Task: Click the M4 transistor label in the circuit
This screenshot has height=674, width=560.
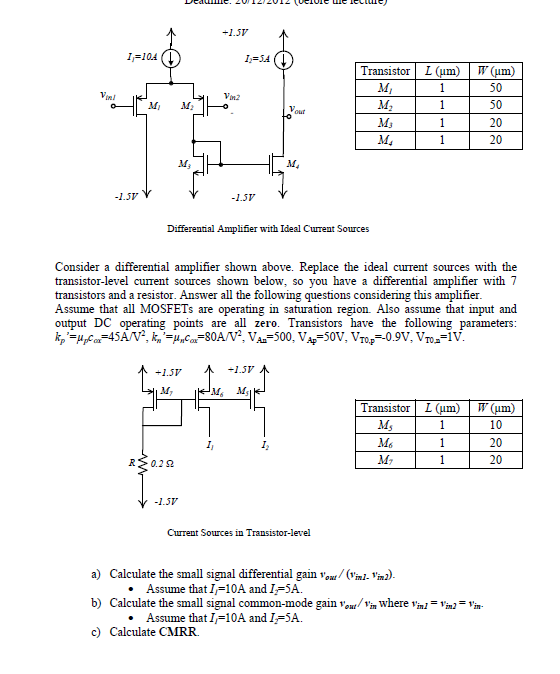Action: [290, 162]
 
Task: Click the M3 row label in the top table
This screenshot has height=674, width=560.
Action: [385, 121]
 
